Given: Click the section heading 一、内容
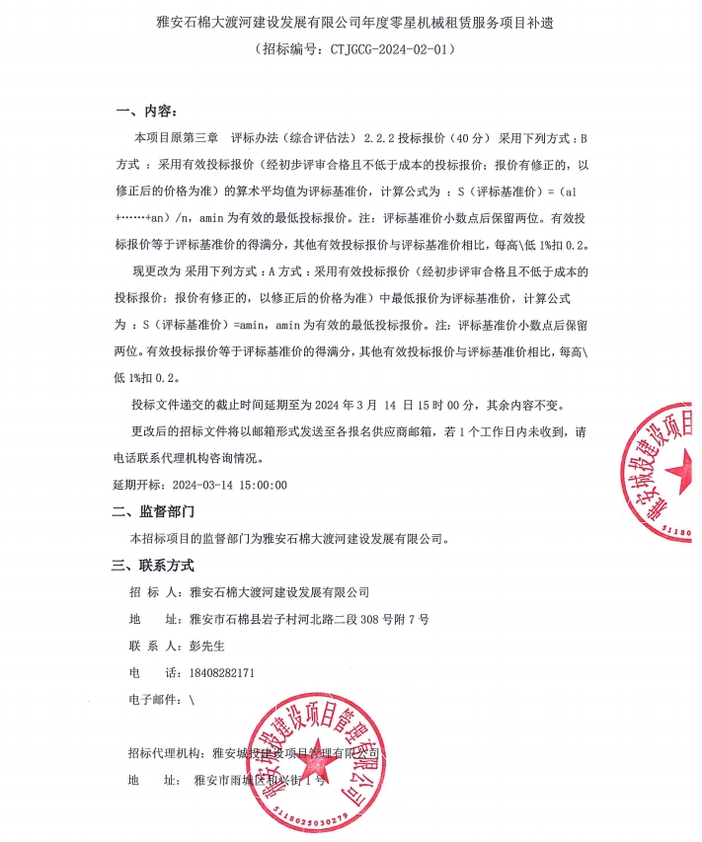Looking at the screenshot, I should pos(145,111).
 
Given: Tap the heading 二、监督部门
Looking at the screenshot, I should pos(154,511).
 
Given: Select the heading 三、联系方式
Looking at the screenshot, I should pos(153,566).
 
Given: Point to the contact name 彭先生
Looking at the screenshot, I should pos(207,646).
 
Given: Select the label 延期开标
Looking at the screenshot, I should pos(138,485).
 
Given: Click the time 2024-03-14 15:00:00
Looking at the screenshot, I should pos(229,485).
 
